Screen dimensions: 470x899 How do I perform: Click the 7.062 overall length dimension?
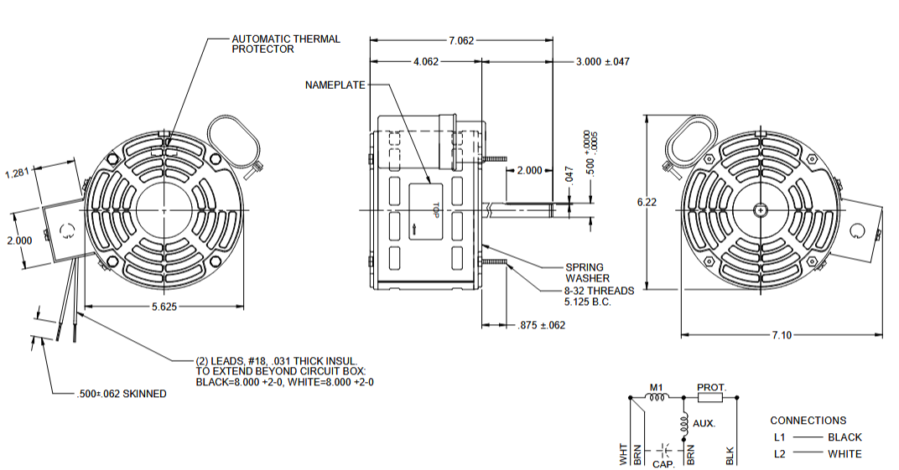point(461,39)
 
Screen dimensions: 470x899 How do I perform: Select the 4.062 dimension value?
point(426,62)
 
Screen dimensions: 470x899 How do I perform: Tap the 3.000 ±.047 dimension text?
point(602,62)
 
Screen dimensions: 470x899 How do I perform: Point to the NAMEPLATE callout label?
point(335,85)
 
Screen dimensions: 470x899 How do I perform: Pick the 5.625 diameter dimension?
point(164,307)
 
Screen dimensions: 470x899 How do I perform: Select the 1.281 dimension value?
point(18,173)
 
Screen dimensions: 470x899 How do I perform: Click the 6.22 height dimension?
point(646,202)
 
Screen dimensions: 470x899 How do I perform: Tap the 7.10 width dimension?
point(781,335)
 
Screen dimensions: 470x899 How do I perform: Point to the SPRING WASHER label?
point(587,272)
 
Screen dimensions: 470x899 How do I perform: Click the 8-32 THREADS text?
point(598,291)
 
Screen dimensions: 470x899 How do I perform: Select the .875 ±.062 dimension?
point(542,325)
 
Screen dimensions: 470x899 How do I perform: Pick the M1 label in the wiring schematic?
point(657,388)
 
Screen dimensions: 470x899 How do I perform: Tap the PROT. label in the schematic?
point(712,388)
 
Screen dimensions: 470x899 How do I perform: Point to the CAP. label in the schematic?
point(664,462)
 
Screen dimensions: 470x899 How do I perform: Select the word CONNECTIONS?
point(808,421)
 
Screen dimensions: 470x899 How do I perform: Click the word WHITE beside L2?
point(844,454)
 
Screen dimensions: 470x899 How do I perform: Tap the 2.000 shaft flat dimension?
point(529,170)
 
